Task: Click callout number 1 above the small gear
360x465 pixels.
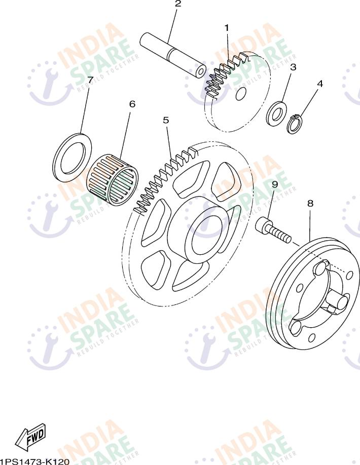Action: click(227, 27)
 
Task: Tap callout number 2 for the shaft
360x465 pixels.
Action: click(177, 5)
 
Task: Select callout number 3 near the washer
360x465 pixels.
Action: click(293, 67)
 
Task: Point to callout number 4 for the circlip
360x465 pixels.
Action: click(320, 84)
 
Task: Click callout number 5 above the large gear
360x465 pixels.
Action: click(166, 120)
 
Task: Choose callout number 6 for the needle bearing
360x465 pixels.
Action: click(132, 104)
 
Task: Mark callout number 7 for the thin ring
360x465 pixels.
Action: click(90, 80)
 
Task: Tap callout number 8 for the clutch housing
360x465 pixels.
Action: click(310, 203)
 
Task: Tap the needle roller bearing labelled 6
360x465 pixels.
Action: click(113, 179)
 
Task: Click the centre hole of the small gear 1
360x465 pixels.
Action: click(240, 93)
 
